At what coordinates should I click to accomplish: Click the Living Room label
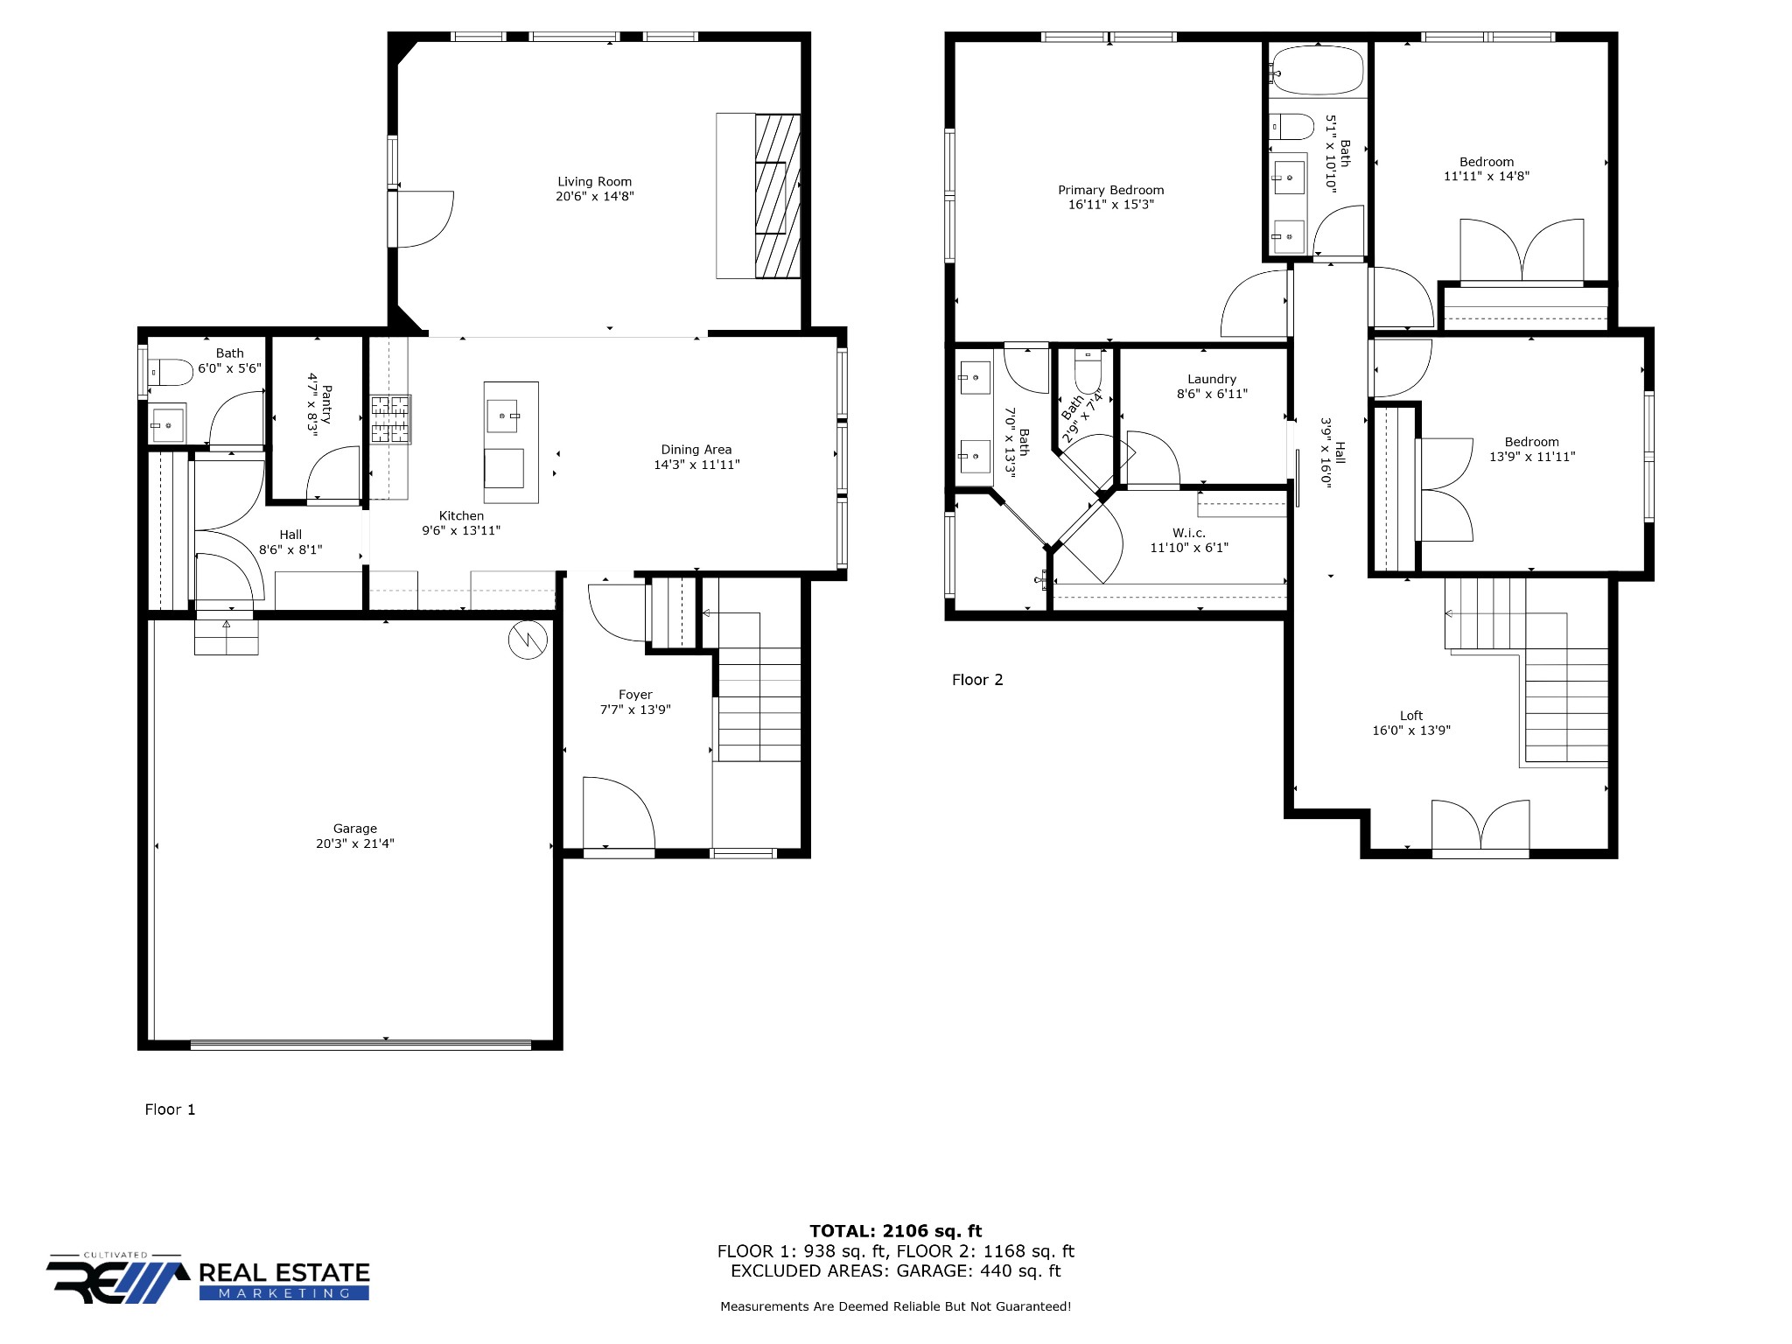point(594,182)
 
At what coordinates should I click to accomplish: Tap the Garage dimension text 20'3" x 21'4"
point(355,843)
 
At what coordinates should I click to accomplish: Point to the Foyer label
point(635,695)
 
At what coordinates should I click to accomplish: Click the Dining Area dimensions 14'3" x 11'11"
point(696,465)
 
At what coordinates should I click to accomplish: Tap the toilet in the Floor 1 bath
point(171,373)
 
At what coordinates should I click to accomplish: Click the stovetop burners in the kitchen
point(390,419)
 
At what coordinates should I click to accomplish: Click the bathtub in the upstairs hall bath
point(1318,70)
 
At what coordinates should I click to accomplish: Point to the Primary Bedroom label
point(1111,190)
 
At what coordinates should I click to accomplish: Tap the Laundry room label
point(1212,379)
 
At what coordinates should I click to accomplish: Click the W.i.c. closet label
point(1189,533)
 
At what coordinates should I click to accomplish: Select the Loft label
point(1411,716)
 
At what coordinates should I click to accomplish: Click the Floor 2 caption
point(977,680)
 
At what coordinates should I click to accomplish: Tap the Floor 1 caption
point(170,1109)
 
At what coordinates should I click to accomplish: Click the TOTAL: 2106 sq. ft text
point(896,1231)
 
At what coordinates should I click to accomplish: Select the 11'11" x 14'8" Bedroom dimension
point(1487,176)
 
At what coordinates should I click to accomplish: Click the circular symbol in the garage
point(528,640)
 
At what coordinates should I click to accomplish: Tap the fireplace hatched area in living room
point(778,196)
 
